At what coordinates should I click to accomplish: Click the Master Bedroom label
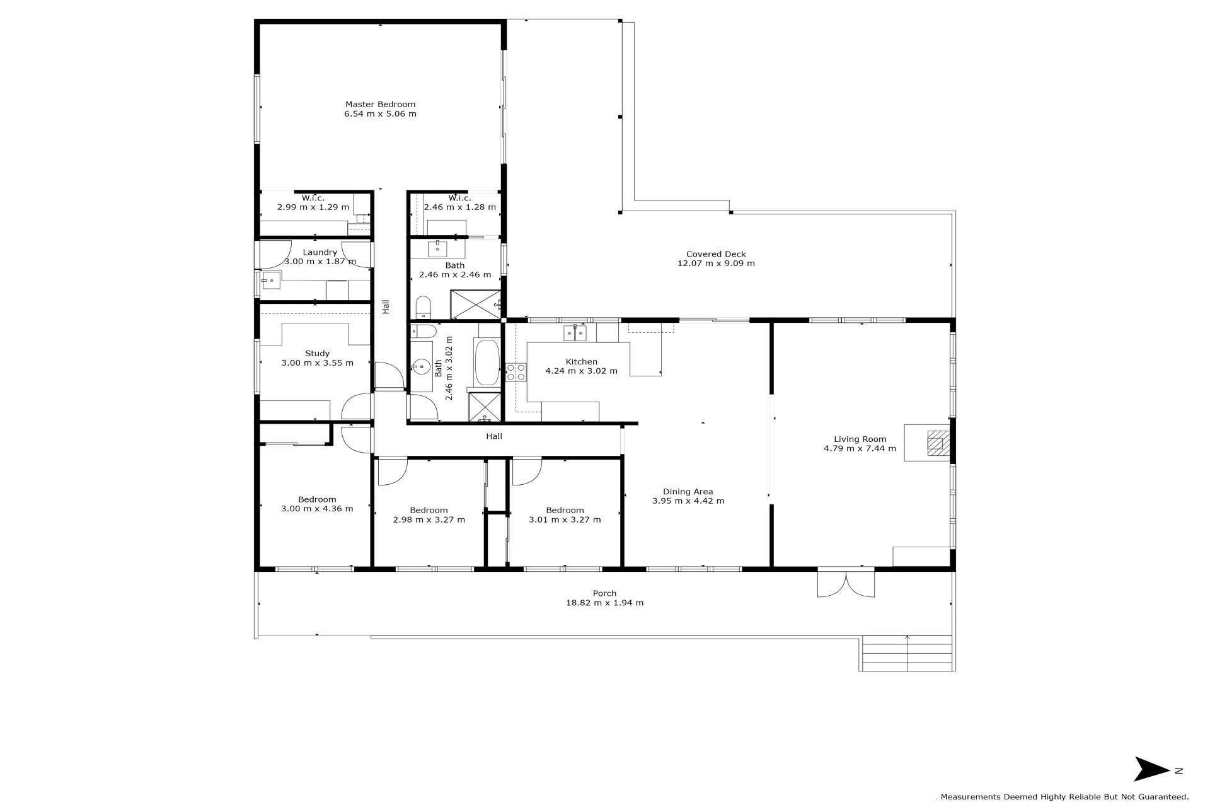pyautogui.click(x=380, y=104)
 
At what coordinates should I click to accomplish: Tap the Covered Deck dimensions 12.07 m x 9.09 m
pyautogui.click(x=716, y=264)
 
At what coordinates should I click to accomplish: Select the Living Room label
pyautogui.click(x=860, y=439)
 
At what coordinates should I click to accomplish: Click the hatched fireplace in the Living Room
pyautogui.click(x=936, y=443)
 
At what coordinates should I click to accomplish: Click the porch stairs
pyautogui.click(x=907, y=653)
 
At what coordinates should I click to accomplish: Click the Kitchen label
pyautogui.click(x=581, y=362)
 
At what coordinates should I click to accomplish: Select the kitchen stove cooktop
pyautogui.click(x=516, y=372)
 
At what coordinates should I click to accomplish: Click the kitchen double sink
pyautogui.click(x=575, y=332)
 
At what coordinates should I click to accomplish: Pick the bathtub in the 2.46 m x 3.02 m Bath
pyautogui.click(x=487, y=363)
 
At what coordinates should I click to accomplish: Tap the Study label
pyautogui.click(x=317, y=354)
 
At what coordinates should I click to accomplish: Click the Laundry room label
pyautogui.click(x=320, y=252)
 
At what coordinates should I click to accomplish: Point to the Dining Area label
pyautogui.click(x=688, y=492)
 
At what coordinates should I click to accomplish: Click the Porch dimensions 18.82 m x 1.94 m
pyautogui.click(x=605, y=603)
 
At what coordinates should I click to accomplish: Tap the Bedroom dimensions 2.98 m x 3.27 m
pyautogui.click(x=429, y=520)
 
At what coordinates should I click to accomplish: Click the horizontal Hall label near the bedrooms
pyautogui.click(x=494, y=436)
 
